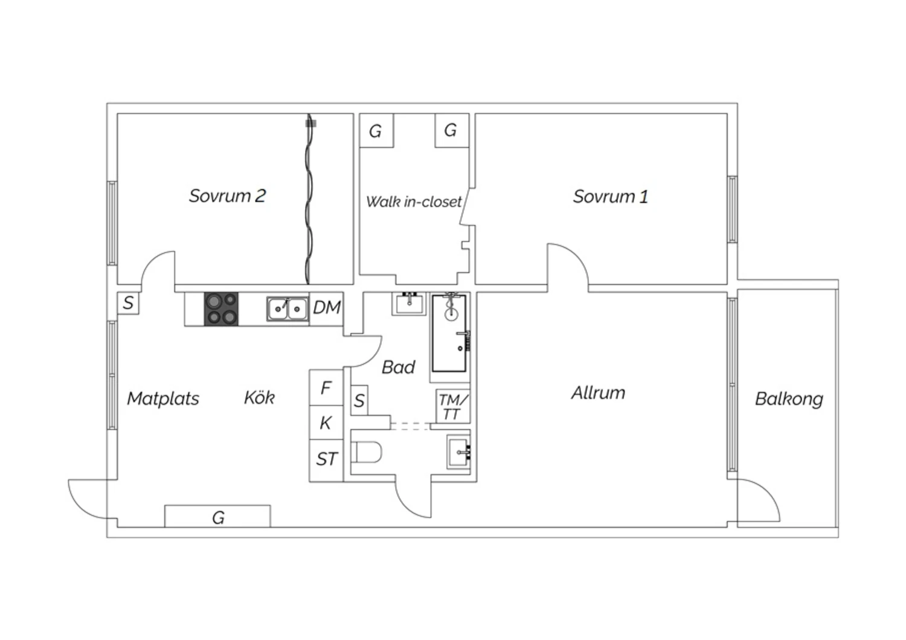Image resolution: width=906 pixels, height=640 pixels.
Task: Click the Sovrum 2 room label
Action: [x=227, y=196]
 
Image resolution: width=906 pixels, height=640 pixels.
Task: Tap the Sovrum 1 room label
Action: [x=610, y=197]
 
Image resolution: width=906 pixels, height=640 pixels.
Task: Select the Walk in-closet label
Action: [x=414, y=202]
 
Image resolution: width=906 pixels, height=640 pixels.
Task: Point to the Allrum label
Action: [x=598, y=393]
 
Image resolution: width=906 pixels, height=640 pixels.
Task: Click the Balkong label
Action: [x=789, y=400]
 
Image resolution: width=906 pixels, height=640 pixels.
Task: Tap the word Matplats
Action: [x=163, y=398]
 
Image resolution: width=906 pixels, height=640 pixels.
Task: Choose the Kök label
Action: [x=259, y=398]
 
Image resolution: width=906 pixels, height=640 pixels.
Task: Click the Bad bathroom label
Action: [x=399, y=368]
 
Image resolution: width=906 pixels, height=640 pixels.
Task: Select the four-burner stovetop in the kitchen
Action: [x=221, y=309]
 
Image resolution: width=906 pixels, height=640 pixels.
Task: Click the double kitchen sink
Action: [x=287, y=309]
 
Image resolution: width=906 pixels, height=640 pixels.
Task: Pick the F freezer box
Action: [x=326, y=388]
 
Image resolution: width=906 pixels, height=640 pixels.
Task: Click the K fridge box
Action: [x=326, y=423]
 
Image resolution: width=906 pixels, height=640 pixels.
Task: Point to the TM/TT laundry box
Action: [x=453, y=406]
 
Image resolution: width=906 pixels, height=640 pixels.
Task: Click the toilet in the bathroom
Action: [x=366, y=452]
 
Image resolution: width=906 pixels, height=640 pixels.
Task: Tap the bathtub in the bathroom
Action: [x=449, y=333]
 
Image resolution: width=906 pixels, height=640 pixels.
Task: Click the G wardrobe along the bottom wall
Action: [x=217, y=516]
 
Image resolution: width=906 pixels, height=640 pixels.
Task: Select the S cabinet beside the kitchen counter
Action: [x=128, y=303]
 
